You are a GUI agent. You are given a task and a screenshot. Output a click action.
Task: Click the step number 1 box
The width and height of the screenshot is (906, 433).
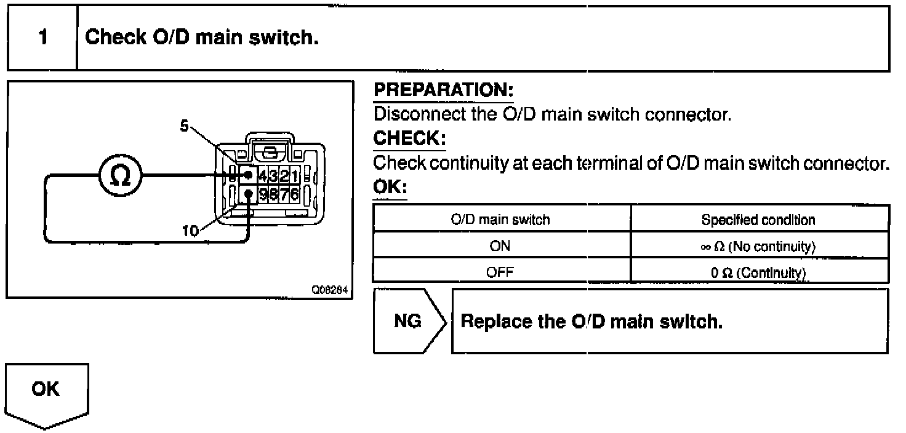42,38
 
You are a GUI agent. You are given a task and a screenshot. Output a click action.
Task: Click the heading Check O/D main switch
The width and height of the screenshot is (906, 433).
202,38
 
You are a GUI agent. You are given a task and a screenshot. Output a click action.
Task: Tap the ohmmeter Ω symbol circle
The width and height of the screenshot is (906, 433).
121,177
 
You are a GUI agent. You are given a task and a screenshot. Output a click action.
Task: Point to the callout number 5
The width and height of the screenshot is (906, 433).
184,125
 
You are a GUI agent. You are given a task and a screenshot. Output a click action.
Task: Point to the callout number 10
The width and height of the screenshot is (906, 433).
191,231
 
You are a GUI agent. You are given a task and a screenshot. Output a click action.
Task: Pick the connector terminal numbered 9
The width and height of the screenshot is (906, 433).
263,195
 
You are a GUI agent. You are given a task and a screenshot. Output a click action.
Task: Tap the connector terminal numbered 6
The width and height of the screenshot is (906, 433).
295,195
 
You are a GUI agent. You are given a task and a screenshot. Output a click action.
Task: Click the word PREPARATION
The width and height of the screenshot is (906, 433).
443,90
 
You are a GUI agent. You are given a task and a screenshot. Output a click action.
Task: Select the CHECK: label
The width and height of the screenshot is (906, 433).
409,139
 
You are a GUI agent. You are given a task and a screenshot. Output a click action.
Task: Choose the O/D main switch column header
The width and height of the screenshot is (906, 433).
501,220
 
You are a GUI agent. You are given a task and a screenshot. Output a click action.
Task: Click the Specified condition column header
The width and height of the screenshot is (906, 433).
760,220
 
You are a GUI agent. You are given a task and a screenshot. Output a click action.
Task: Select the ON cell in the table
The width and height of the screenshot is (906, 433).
501,247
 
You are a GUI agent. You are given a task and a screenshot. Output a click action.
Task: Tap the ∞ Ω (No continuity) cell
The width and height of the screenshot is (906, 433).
760,247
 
